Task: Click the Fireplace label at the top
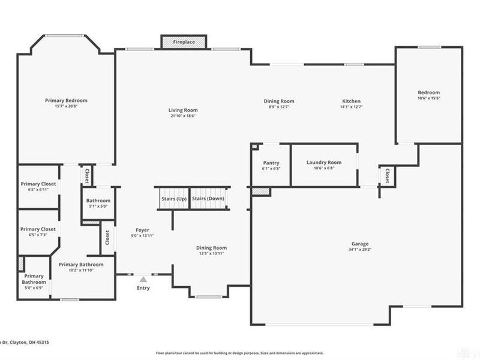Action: tap(184, 43)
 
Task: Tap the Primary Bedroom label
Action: tap(66, 100)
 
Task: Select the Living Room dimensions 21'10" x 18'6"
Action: tap(182, 116)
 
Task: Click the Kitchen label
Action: tap(351, 101)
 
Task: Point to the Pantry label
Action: tap(271, 163)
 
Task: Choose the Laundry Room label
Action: tap(323, 162)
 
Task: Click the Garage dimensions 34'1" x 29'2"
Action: tap(360, 250)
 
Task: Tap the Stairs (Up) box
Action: tap(173, 198)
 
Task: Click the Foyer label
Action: tap(142, 230)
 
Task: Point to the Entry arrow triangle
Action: tap(143, 278)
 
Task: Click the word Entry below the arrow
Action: tap(143, 288)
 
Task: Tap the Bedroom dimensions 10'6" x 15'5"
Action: tap(428, 98)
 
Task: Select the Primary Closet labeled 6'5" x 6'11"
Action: tap(38, 187)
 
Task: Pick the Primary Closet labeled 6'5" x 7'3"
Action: tap(38, 232)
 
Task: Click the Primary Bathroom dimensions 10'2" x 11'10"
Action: tap(81, 270)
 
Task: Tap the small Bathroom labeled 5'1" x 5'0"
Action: tap(98, 203)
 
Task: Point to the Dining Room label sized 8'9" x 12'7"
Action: tap(279, 107)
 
